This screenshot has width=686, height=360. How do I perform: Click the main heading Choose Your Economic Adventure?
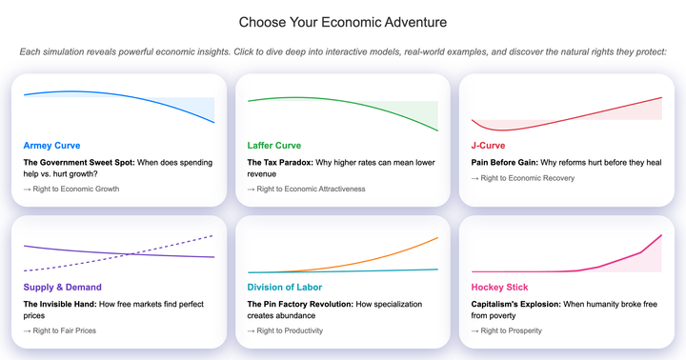pyautogui.click(x=342, y=22)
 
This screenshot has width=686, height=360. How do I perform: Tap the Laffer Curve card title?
pyautogui.click(x=274, y=146)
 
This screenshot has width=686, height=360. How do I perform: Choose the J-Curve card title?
pyautogui.click(x=488, y=146)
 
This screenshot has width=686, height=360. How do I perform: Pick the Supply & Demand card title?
pyautogui.click(x=62, y=287)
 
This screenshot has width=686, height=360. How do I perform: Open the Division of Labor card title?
pyautogui.click(x=285, y=287)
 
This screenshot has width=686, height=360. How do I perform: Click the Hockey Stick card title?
pyautogui.click(x=499, y=287)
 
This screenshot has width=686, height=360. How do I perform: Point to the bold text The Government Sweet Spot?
pyautogui.click(x=79, y=162)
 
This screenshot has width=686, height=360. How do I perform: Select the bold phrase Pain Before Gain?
pyautogui.click(x=505, y=162)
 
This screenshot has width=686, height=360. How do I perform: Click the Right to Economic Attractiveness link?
pyautogui.click(x=306, y=189)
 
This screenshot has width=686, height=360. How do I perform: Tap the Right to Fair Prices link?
pyautogui.click(x=60, y=330)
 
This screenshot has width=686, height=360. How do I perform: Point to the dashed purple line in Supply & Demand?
pyautogui.click(x=181, y=243)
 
